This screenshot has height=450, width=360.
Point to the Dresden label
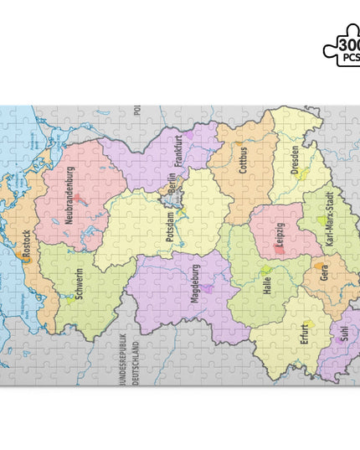click(x=295, y=159)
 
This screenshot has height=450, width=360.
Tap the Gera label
click(x=324, y=273)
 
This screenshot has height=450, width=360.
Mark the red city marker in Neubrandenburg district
click(x=78, y=199)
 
